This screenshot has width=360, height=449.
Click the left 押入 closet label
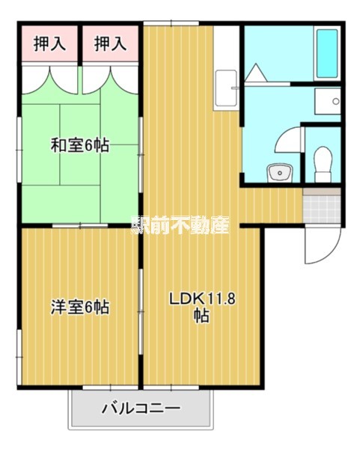point(50,44)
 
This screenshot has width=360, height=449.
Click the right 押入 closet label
point(111,44)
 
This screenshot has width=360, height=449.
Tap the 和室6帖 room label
point(80,145)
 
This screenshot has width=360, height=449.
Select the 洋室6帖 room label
point(80,307)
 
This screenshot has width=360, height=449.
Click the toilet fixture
point(323,162)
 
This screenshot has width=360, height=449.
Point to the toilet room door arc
point(288,142)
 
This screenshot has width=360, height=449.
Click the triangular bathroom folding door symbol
point(257,73)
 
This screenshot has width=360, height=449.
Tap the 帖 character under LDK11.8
point(202,316)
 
